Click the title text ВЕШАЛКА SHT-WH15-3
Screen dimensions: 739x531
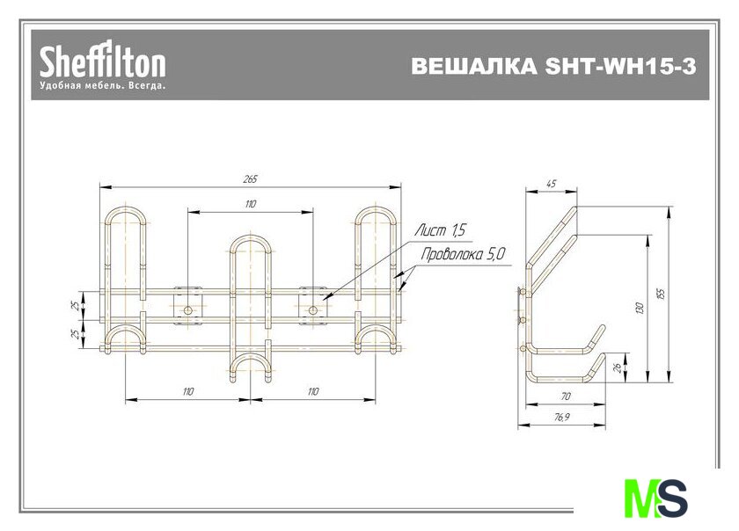pyautogui.click(x=553, y=67)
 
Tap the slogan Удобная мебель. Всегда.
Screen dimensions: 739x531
pyautogui.click(x=103, y=86)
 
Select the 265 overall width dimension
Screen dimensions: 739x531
pyautogui.click(x=250, y=179)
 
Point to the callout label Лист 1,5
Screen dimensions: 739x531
pyautogui.click(x=440, y=230)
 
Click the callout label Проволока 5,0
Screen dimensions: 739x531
pyautogui.click(x=463, y=254)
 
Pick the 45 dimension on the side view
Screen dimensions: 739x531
pyautogui.click(x=551, y=184)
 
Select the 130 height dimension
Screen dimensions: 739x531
pyautogui.click(x=640, y=309)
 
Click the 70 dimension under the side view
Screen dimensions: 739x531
pyautogui.click(x=566, y=396)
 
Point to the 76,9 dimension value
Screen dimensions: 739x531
pyautogui.click(x=561, y=417)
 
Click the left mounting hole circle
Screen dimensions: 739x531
pyautogui.click(x=188, y=310)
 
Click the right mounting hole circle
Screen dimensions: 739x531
pyautogui.click(x=313, y=310)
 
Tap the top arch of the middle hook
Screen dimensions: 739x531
pyautogui.click(x=251, y=237)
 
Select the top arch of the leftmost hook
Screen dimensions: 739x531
pyautogui.click(x=125, y=209)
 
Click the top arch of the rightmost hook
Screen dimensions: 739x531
pyautogui.click(x=376, y=209)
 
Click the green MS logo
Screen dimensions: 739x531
pyautogui.click(x=655, y=498)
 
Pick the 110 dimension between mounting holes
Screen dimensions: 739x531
pyautogui.click(x=250, y=204)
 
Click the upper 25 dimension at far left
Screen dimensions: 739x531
pyautogui.click(x=76, y=306)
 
